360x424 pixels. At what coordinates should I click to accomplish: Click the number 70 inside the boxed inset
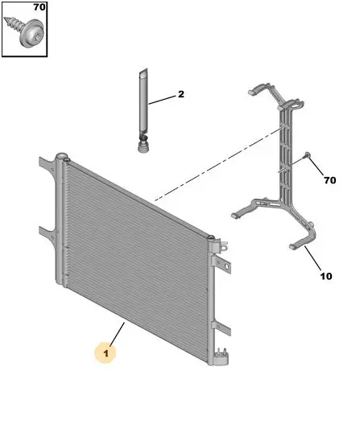(x=39, y=6)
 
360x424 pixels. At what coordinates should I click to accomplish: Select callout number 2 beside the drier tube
(x=181, y=94)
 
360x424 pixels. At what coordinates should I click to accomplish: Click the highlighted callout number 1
(x=106, y=353)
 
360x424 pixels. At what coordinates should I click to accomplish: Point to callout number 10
(x=326, y=276)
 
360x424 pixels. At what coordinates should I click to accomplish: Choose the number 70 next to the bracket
(x=329, y=180)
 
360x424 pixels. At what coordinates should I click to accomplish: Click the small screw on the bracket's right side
(x=307, y=155)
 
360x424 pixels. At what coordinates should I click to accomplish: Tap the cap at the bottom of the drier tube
(x=143, y=145)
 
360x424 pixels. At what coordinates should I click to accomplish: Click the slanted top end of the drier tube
(x=143, y=72)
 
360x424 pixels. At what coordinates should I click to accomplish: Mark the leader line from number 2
(x=162, y=100)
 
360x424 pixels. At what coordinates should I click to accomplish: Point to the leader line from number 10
(x=312, y=258)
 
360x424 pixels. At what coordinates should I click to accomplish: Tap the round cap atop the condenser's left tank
(x=61, y=156)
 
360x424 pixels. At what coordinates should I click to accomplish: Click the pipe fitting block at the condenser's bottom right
(x=222, y=357)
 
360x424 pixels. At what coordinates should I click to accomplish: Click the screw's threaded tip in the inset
(x=10, y=23)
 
